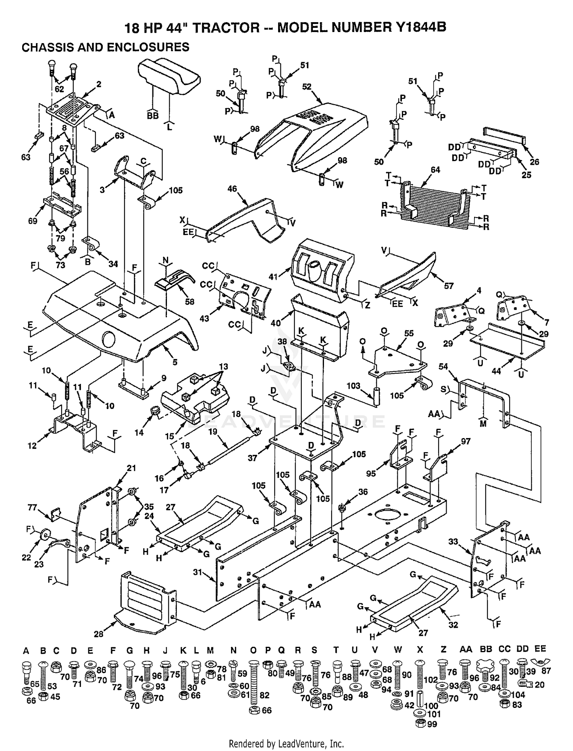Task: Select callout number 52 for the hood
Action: tap(307, 87)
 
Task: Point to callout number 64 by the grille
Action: tap(435, 170)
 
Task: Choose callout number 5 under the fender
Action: tap(175, 362)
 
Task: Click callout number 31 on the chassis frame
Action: tap(197, 572)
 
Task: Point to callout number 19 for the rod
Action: tap(212, 432)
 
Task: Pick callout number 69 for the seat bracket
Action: tap(32, 221)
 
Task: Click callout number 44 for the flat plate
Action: tap(496, 370)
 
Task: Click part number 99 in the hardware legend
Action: tap(432, 724)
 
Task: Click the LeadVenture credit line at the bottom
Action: tap(286, 744)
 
